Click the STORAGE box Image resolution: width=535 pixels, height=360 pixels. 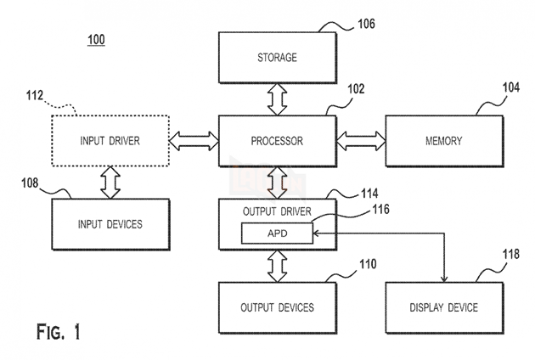[278, 58]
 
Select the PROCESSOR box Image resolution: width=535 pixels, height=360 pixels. [278, 141]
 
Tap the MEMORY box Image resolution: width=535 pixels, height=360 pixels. [443, 141]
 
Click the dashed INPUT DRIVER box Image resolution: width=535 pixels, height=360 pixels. [110, 141]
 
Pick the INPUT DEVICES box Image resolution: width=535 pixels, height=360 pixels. [110, 224]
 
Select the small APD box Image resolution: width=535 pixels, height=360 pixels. [278, 233]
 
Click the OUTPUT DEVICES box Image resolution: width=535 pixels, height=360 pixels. [278, 307]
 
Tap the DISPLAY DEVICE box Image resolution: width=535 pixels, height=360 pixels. [443, 307]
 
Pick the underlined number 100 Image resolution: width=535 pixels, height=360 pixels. [95, 40]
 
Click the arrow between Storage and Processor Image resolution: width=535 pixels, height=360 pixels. [278, 99]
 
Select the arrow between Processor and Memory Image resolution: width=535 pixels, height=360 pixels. [361, 141]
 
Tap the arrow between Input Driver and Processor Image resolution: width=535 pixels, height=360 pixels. [194, 141]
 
